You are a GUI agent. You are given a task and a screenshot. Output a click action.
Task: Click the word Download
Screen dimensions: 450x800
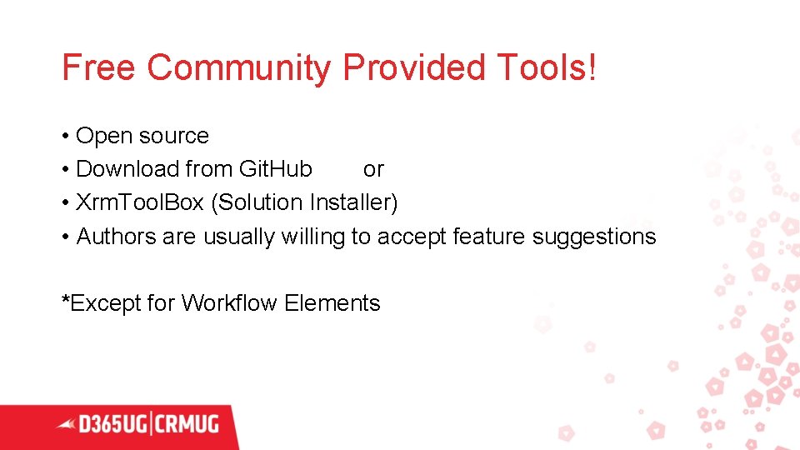(x=127, y=169)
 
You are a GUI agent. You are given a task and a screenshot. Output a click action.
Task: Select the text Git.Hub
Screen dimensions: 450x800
(x=275, y=169)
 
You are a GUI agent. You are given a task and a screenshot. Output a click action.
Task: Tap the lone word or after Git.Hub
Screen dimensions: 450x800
(x=373, y=169)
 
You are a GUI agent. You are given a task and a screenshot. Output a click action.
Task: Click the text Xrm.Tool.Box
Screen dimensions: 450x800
(x=139, y=202)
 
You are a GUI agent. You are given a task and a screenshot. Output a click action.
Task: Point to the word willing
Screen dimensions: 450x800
(x=312, y=237)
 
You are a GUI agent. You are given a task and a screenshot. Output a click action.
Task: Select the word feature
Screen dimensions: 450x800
(x=488, y=237)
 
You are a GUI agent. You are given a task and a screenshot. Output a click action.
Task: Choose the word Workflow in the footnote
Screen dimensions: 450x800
(x=229, y=303)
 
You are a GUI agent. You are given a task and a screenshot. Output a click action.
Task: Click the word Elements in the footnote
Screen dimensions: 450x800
(x=332, y=303)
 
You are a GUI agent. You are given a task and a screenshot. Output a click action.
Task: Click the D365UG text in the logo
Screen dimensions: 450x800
(x=114, y=424)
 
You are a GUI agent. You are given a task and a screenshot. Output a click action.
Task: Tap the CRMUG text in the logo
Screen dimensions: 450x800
(x=186, y=424)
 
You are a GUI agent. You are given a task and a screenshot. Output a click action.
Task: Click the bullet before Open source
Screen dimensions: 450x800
(x=65, y=136)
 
